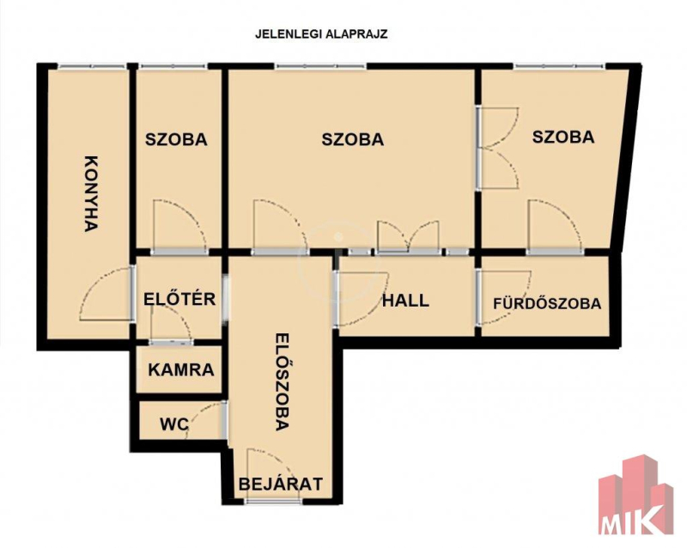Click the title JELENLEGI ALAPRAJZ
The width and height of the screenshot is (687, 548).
pos(321,34)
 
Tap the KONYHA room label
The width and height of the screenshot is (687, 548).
pos(90,193)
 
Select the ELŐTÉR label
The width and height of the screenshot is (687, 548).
pos(179,299)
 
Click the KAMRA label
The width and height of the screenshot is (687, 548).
pos(181,370)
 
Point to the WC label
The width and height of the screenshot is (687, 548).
pos(174,424)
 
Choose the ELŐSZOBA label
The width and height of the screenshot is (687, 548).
pos(283,382)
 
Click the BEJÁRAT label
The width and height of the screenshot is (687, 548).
pos(281,484)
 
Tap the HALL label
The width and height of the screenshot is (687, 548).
pos(405,301)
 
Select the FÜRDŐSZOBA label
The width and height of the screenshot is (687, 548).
pos(547,303)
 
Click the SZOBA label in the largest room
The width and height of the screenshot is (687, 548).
pos(353,139)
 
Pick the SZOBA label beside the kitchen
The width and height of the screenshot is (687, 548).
pos(176,139)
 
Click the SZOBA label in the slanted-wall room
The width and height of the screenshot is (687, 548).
pos(563,137)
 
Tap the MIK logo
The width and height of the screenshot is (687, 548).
pos(636,496)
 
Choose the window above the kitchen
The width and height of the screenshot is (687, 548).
pos(92,66)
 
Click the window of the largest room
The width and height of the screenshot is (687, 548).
pos(321,66)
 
